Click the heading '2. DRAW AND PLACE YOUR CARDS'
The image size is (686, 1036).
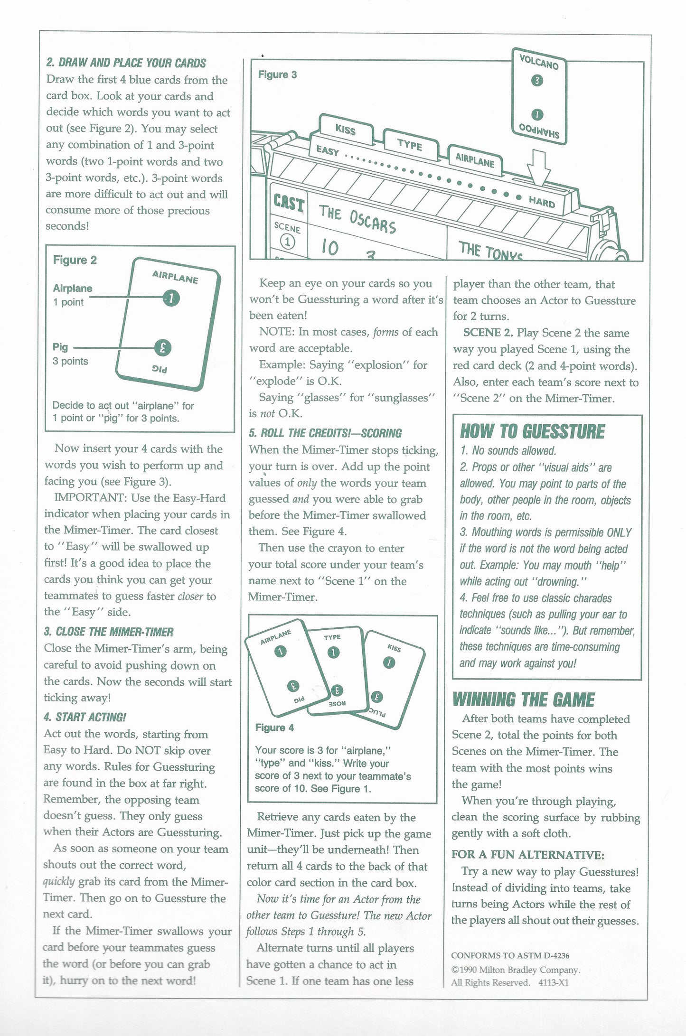coord(126,63)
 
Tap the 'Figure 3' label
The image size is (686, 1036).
coord(277,75)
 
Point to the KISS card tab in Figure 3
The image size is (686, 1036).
coord(345,129)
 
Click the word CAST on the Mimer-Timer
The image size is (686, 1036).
coord(289,204)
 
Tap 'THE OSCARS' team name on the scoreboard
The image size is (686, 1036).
coord(357,219)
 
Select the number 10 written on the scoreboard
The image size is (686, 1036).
coord(330,247)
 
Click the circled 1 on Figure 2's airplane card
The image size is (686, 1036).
coord(171,298)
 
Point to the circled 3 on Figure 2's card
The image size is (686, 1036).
coord(163,348)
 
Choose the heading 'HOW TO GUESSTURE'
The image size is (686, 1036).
coord(532,431)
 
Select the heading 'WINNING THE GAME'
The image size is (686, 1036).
coord(523,700)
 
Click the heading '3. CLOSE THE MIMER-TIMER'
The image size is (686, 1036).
coord(109,632)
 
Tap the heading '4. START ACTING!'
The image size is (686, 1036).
coord(85,717)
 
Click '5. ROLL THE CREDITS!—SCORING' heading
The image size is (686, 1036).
coord(325,433)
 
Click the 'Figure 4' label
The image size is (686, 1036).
coord(274,728)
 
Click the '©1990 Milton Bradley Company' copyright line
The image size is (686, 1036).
coord(515,970)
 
